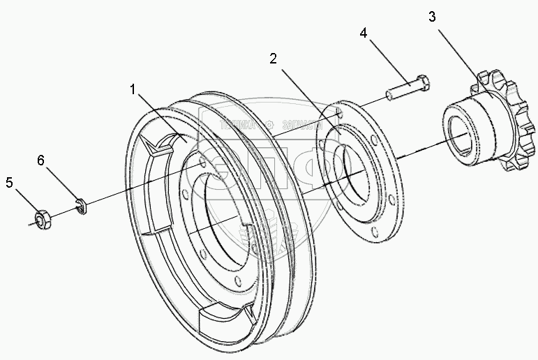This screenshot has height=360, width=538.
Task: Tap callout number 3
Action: point(433,17)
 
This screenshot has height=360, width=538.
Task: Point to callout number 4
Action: point(364,33)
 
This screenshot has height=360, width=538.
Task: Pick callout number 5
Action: point(9,183)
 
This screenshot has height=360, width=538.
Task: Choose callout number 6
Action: point(41,160)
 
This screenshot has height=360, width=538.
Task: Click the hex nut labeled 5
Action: point(43,220)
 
